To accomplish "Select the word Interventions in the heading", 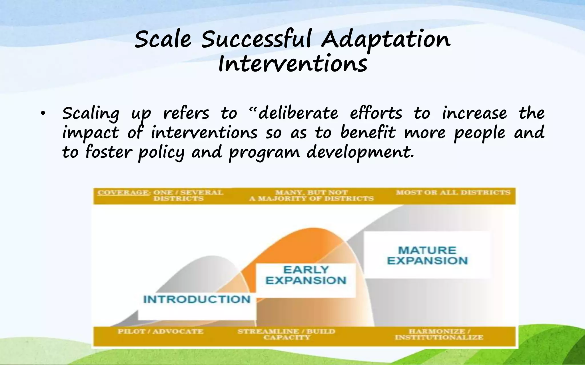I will coord(292,64).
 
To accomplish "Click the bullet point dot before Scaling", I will coord(43,113).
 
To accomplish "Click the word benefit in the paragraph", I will coord(368,133).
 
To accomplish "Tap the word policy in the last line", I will coord(161,152).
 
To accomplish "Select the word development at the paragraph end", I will coord(360,152).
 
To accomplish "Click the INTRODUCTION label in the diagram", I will coord(197,299).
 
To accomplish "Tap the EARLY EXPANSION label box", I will coord(306,275).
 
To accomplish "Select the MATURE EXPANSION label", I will coord(427,255).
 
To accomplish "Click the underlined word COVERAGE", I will coord(123,192).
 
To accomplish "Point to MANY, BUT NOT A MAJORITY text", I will coord(311,196).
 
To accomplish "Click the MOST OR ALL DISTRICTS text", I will coord(453,192).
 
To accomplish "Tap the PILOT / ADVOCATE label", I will coord(160,332).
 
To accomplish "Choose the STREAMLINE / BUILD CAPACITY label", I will coord(287,334).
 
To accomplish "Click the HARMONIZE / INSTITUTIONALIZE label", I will coord(439,334).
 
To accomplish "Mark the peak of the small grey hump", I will coord(212,257).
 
